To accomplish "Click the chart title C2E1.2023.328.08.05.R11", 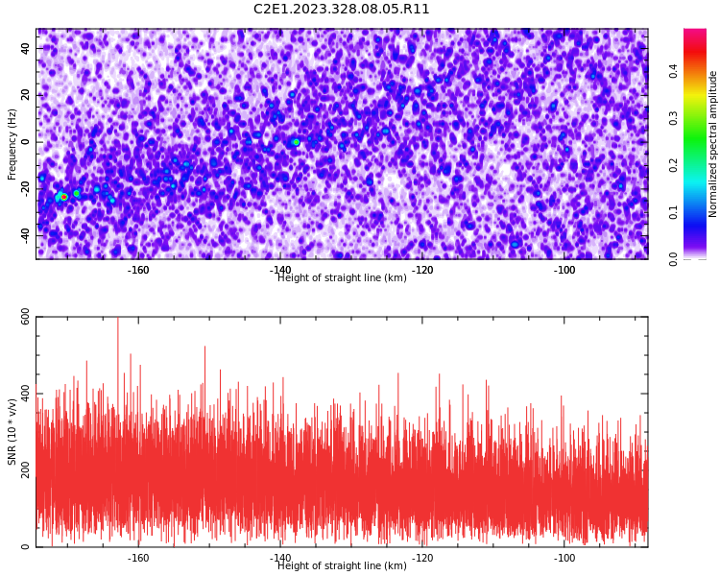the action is pyautogui.click(x=341, y=9).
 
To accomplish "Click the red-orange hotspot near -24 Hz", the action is pyautogui.click(x=63, y=197).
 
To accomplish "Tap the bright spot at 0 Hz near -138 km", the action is pyautogui.click(x=297, y=142).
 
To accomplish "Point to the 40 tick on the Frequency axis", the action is pyautogui.click(x=25, y=48).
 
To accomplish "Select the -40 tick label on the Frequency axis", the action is pyautogui.click(x=25, y=235).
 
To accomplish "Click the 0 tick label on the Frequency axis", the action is pyautogui.click(x=25, y=142).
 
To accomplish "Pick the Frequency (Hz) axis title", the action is pyautogui.click(x=12, y=144).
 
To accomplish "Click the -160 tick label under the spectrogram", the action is pyautogui.click(x=138, y=270).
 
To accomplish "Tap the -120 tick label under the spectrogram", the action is pyautogui.click(x=422, y=270).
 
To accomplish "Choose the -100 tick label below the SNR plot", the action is pyautogui.click(x=564, y=558).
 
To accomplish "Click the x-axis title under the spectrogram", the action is pyautogui.click(x=342, y=277).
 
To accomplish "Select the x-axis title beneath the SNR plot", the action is pyautogui.click(x=342, y=565).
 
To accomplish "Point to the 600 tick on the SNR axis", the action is pyautogui.click(x=25, y=317).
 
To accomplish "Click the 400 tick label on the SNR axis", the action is pyautogui.click(x=25, y=394).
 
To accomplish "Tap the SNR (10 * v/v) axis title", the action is pyautogui.click(x=12, y=432).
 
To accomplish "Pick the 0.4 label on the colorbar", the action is pyautogui.click(x=673, y=71).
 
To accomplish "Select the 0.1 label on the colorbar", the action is pyautogui.click(x=673, y=212).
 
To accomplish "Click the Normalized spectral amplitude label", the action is pyautogui.click(x=712, y=144).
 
